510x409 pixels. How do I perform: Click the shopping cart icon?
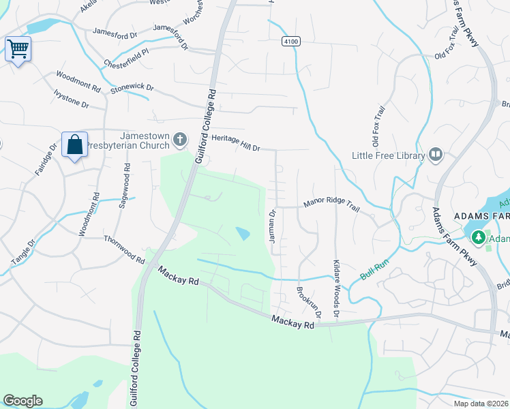coord(18,48)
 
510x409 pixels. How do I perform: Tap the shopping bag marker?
coord(74,145)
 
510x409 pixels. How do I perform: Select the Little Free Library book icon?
coord(436,155)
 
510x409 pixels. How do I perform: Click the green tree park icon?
coord(479,237)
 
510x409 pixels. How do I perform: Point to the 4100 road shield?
coord(290,42)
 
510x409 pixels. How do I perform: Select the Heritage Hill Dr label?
coord(236,142)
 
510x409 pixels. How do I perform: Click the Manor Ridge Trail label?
coord(331,203)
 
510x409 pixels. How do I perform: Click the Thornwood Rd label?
coord(124,249)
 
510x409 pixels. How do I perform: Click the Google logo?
coord(22,401)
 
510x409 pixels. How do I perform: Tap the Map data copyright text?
coord(481,404)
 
